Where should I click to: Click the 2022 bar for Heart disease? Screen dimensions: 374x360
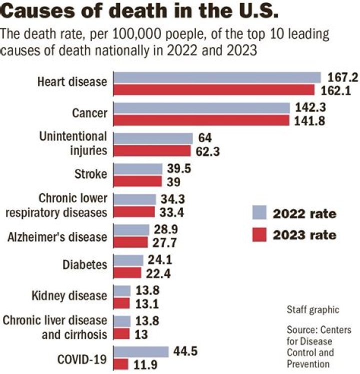tap(217, 77)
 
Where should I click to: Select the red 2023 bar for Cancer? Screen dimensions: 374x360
tap(202, 120)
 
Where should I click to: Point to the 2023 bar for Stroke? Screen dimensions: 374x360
tap(138, 181)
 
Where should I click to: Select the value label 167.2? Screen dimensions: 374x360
tap(341, 77)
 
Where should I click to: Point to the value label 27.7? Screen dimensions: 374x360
tap(163, 242)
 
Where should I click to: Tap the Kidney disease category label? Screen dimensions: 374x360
tap(75, 295)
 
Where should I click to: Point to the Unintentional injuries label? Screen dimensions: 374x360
tap(73, 143)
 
